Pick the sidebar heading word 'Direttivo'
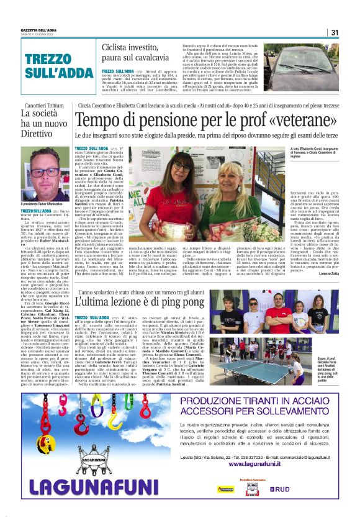[x=38, y=133]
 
